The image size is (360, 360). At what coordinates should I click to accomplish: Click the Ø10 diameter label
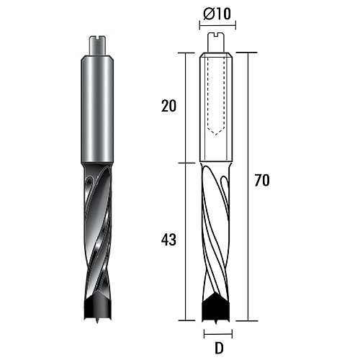pyautogui.click(x=217, y=14)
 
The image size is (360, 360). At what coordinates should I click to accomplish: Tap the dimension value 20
pyautogui.click(x=168, y=106)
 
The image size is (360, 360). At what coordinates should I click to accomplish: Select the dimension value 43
pyautogui.click(x=168, y=240)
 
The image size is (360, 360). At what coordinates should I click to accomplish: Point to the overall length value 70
pyautogui.click(x=262, y=180)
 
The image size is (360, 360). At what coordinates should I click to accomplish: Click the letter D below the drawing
pyautogui.click(x=219, y=348)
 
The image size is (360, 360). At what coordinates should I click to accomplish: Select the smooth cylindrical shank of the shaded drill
pyautogui.click(x=96, y=109)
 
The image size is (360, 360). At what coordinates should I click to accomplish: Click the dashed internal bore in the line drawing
pyautogui.click(x=216, y=96)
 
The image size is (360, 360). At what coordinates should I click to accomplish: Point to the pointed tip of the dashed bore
pyautogui.click(x=216, y=135)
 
